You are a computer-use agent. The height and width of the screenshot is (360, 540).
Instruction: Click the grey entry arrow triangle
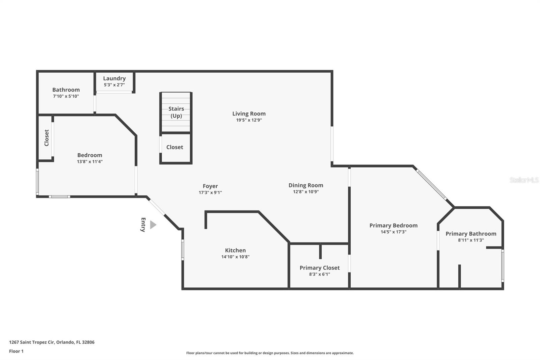(x=153, y=225)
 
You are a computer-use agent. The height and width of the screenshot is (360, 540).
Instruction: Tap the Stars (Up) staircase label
(x=176, y=112)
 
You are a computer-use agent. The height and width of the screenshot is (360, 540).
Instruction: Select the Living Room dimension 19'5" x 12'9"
(x=249, y=120)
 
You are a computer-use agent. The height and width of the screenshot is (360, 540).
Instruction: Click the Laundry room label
(x=114, y=78)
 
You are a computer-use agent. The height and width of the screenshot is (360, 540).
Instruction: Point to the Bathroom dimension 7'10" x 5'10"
(x=66, y=96)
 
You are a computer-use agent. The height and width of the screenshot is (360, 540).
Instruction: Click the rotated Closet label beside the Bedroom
(x=47, y=138)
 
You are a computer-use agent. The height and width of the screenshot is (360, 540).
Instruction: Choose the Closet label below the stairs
(x=174, y=147)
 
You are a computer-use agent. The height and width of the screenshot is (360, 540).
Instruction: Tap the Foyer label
(x=210, y=186)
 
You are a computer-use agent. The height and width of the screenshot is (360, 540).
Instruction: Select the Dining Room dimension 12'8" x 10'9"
(x=306, y=192)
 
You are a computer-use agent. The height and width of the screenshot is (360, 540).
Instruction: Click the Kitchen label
(x=235, y=250)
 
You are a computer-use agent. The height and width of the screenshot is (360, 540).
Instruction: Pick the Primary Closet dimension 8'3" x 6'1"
(x=319, y=274)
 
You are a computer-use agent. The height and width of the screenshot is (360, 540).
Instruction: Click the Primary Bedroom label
(x=393, y=226)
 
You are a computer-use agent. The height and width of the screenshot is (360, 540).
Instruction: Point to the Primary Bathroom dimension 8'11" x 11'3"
(x=471, y=240)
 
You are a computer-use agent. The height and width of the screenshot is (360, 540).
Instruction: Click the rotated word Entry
(x=143, y=225)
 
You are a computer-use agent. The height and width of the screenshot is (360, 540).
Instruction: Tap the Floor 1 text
(x=16, y=351)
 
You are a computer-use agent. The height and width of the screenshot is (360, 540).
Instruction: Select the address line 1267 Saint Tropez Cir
(x=52, y=342)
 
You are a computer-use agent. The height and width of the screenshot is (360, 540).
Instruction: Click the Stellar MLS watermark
(x=524, y=180)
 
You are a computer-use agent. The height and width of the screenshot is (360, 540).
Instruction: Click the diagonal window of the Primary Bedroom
(x=431, y=185)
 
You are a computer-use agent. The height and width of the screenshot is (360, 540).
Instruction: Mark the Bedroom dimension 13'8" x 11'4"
(x=90, y=161)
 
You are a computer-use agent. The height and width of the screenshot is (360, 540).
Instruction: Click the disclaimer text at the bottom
(x=270, y=353)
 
